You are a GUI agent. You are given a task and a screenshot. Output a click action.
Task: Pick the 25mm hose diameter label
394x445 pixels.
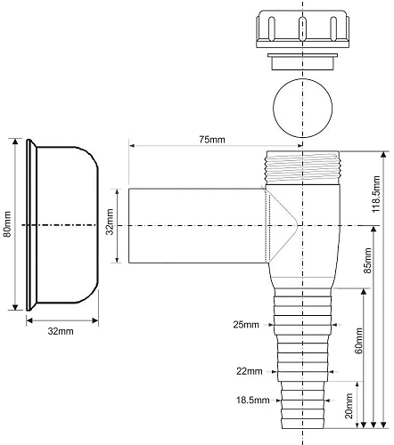pyautogui.click(x=246, y=325)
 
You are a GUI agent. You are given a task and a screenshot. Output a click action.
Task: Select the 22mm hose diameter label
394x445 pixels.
pyautogui.click(x=249, y=371)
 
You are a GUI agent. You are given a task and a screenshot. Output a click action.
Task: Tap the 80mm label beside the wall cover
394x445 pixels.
pyautogui.click(x=7, y=224)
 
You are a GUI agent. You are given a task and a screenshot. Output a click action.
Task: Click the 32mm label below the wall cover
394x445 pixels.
pyautogui.click(x=60, y=331)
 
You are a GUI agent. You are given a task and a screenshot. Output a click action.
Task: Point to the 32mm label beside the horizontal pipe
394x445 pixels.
pyautogui.click(x=110, y=224)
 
